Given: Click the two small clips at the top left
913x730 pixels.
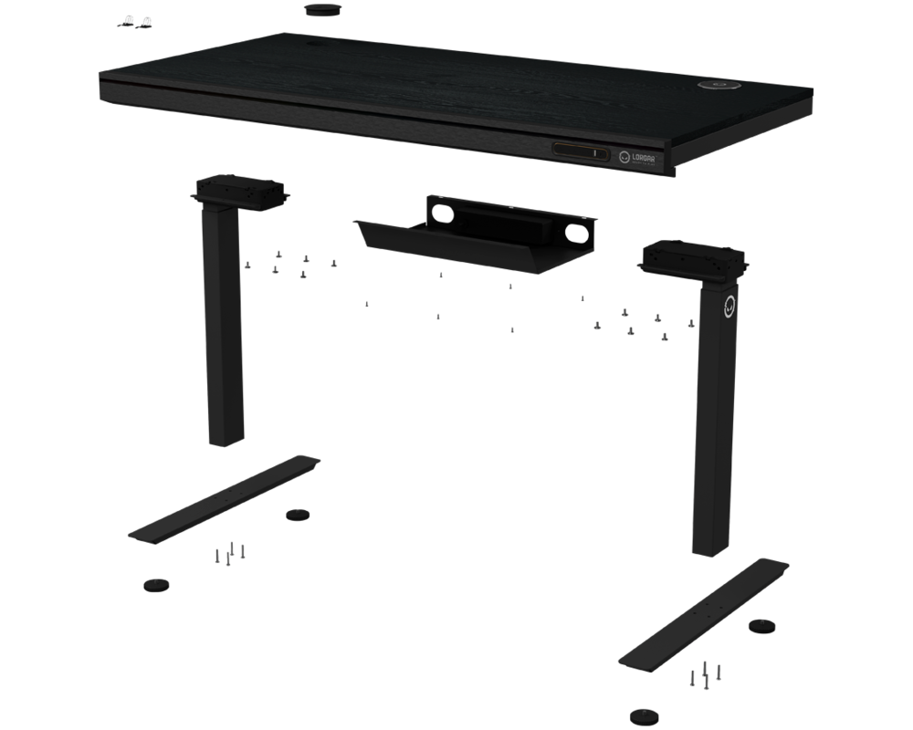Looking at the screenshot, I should [136, 22].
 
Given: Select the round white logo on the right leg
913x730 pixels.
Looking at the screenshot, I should [729, 308].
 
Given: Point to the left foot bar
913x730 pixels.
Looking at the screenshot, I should [225, 498].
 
